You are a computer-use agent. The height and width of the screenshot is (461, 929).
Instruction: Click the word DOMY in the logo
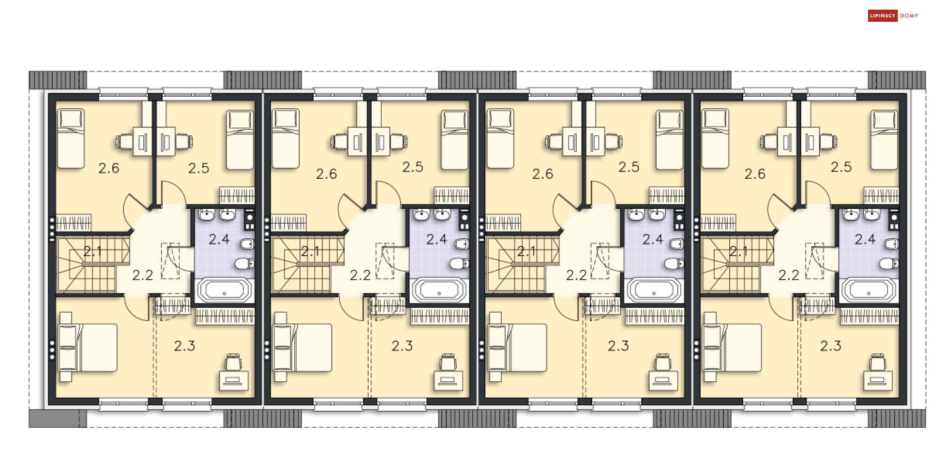tap(909, 16)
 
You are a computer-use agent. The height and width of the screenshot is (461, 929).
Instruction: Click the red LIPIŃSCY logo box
tap(883, 16)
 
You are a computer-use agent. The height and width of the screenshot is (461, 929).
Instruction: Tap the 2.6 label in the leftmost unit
tap(109, 168)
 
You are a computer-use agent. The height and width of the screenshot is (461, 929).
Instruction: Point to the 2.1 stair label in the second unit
tap(310, 251)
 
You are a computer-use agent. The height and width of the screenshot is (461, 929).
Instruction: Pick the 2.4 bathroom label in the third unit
tap(653, 239)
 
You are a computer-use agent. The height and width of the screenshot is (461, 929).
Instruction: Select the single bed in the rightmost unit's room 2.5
tap(884, 140)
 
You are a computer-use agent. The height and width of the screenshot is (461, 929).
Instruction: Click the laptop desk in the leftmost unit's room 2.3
tap(234, 380)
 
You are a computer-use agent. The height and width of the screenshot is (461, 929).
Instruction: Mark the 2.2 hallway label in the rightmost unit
tap(789, 275)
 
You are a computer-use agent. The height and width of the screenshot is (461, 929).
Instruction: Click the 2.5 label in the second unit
tap(413, 167)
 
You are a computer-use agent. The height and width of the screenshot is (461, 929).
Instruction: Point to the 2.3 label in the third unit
tap(618, 346)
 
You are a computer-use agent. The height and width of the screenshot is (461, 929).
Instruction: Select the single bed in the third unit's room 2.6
tap(500, 139)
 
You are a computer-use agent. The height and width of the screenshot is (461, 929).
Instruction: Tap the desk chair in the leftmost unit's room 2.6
tap(124, 142)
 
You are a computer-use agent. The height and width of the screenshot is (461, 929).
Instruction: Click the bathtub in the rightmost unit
tap(868, 290)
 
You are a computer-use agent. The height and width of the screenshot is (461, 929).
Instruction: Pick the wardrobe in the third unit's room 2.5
tap(667, 195)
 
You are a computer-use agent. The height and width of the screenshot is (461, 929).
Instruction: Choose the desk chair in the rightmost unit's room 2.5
tap(828, 142)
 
